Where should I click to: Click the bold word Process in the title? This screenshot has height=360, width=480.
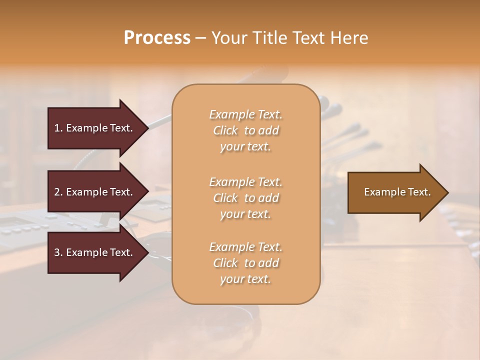[157, 38]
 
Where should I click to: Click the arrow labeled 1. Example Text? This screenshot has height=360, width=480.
[95, 128]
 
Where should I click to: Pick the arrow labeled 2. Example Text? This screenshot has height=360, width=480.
[95, 192]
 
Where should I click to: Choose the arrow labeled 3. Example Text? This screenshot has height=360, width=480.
[95, 252]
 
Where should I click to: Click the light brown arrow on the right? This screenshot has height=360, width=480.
[395, 192]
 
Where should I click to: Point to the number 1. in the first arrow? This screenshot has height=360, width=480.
[58, 128]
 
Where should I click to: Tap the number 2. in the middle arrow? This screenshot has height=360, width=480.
[58, 192]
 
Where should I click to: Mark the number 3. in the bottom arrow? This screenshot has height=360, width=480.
[58, 252]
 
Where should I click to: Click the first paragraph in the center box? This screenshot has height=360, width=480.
[245, 130]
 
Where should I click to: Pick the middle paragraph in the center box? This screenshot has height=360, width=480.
[245, 198]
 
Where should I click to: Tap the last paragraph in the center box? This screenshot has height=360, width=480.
[245, 263]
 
